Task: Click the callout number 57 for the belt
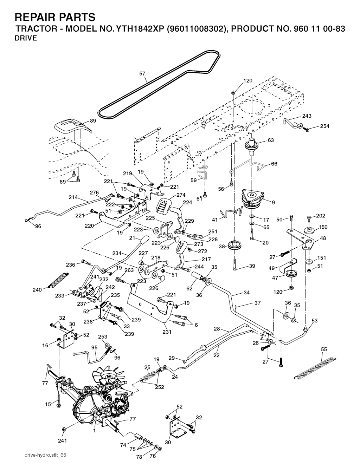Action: point(142,73)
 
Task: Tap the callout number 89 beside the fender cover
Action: point(93,120)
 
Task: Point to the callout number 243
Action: point(307,116)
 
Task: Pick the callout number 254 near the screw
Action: point(324,126)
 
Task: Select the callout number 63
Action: point(271,140)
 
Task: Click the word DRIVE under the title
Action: point(26,39)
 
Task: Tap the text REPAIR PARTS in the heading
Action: point(55,17)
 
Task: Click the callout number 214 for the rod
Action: point(73,197)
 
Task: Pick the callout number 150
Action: point(323,227)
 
